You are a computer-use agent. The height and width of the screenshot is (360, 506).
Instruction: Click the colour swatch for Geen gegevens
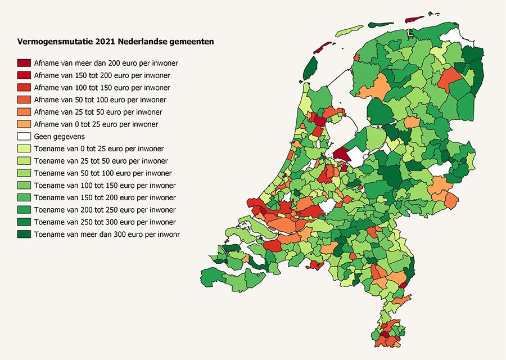point(24,137)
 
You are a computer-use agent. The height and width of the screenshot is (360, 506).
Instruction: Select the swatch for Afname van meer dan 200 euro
point(24,63)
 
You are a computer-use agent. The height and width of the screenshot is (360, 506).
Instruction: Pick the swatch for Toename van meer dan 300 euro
point(24,234)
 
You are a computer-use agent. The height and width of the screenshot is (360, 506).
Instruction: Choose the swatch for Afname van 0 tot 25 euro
point(24,124)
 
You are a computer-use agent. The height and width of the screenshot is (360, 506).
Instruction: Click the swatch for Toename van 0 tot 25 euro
point(24,149)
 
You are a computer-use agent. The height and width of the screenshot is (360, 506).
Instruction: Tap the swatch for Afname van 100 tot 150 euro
point(24,88)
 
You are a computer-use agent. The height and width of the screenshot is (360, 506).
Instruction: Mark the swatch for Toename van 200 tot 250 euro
point(24,210)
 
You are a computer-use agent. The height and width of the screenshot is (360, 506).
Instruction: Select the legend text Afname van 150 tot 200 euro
point(102,75)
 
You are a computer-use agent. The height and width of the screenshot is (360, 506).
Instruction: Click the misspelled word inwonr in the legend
point(176,235)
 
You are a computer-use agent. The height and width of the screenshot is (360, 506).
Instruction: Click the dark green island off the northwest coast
point(310,67)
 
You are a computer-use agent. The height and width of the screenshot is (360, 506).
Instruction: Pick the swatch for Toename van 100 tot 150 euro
point(24,186)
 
